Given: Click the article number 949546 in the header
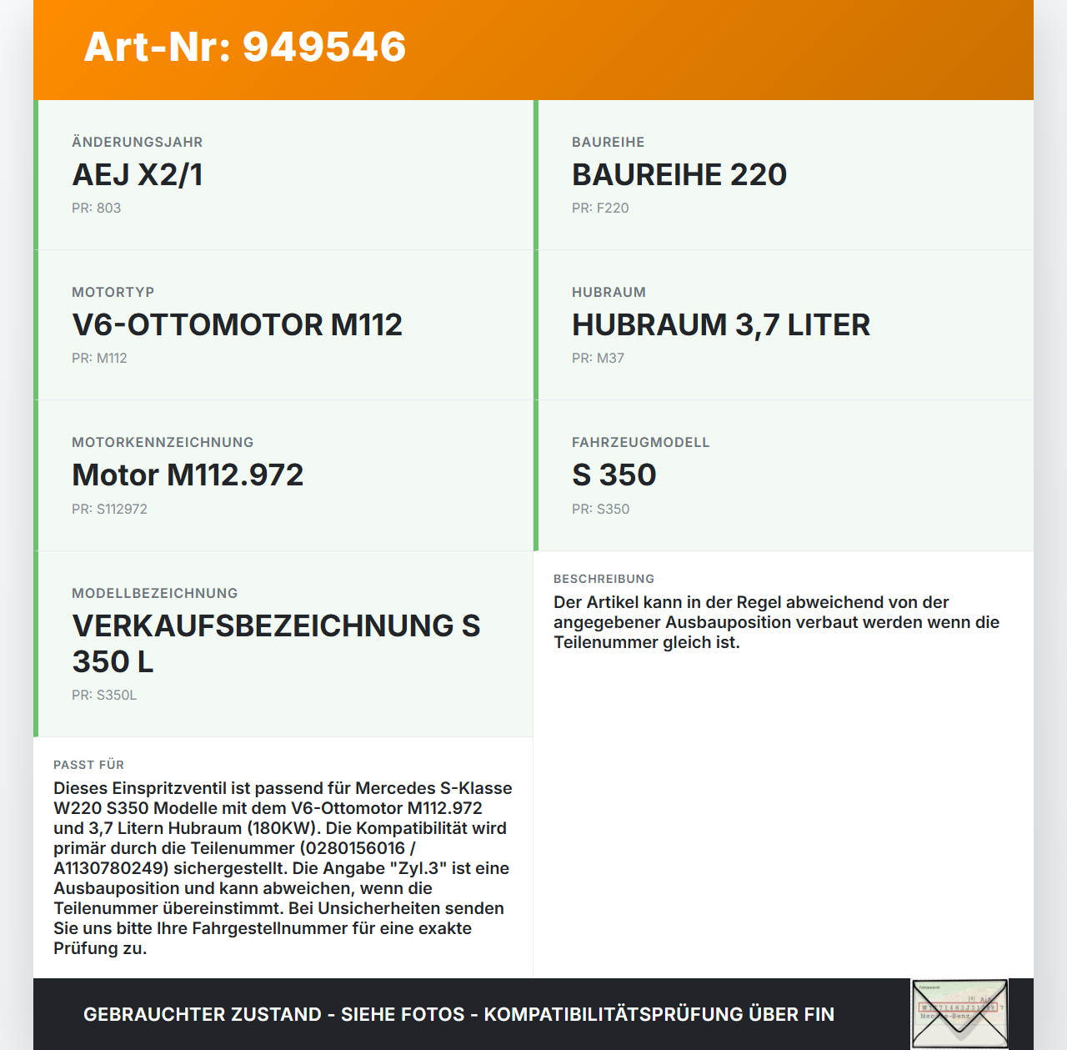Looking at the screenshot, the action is (324, 47).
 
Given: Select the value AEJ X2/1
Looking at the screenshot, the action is (138, 175).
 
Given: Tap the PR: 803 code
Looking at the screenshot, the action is (96, 208).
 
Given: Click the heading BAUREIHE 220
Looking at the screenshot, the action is (679, 175).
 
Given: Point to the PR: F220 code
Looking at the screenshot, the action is (600, 208).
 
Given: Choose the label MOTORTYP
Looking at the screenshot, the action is (113, 293).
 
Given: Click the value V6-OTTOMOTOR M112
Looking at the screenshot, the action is (238, 325).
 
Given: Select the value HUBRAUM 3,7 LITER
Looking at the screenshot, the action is (720, 325).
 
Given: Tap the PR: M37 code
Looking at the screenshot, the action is (598, 359).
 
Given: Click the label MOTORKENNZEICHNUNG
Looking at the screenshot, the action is (163, 443).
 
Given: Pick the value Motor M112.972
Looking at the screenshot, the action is (188, 475).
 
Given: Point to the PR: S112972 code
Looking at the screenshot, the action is (109, 510).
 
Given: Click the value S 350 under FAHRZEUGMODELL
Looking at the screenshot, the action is (614, 475).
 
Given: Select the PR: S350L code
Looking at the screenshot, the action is (104, 696).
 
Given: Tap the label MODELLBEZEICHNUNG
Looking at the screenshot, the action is (155, 594).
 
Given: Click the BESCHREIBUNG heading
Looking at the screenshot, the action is (604, 579).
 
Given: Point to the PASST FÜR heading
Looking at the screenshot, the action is (88, 765).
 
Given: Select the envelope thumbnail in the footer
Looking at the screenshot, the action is (959, 1013).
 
